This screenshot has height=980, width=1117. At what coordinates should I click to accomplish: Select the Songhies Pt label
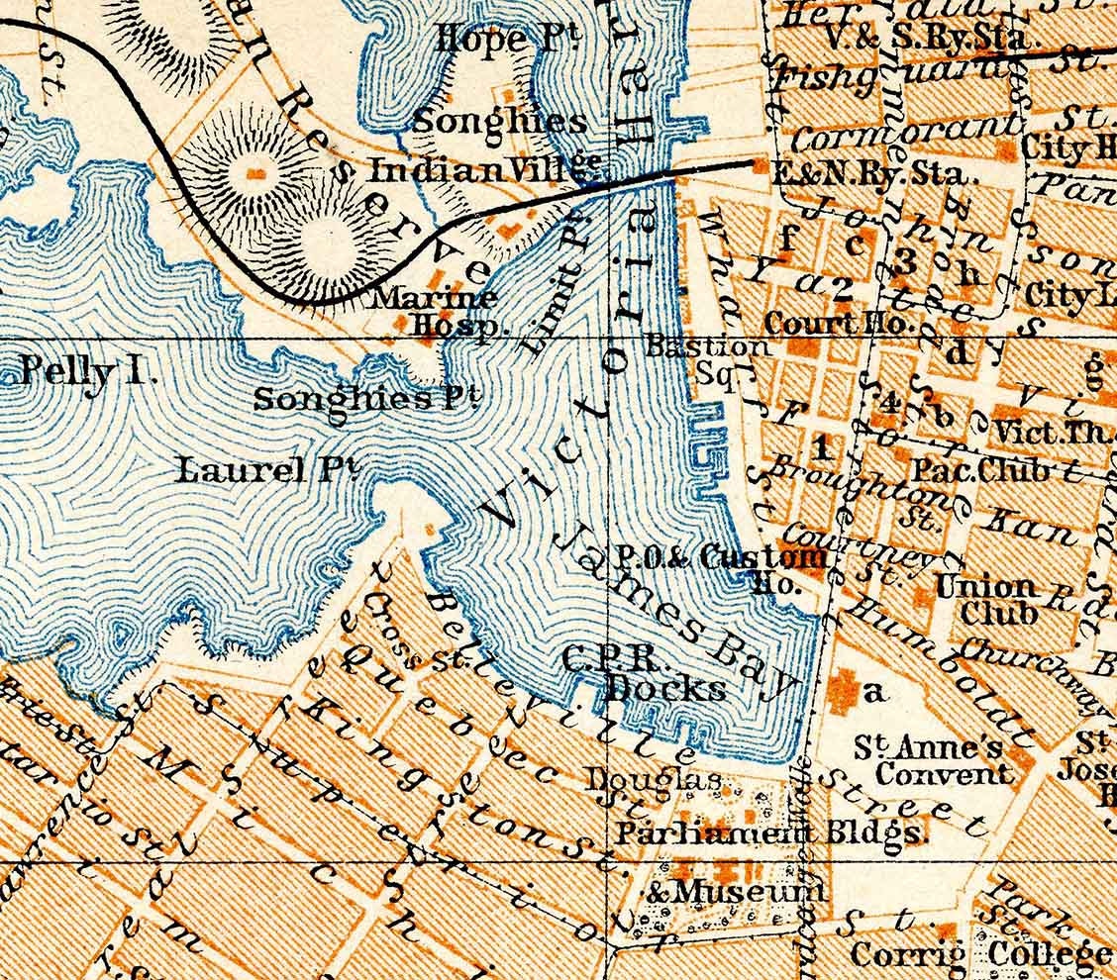[x=367, y=399]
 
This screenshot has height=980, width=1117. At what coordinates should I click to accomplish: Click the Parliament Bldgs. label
[x=768, y=833]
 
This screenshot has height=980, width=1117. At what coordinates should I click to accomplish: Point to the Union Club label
[x=985, y=599]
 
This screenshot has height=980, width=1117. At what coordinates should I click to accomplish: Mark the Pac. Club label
[x=980, y=470]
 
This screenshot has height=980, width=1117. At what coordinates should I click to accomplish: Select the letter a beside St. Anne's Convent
[x=872, y=692]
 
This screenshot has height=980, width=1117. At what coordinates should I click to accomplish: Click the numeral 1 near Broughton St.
[x=820, y=447]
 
